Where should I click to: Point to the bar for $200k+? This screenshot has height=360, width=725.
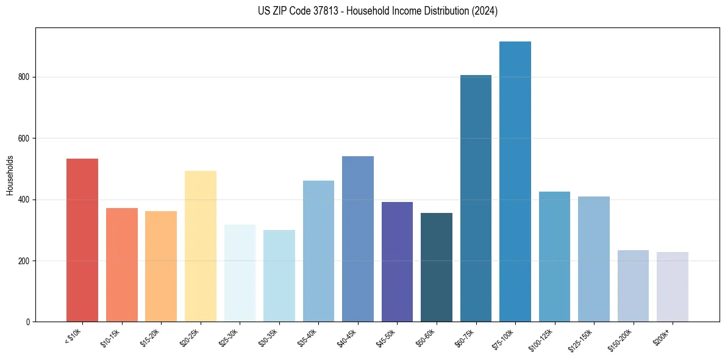tap(672, 287)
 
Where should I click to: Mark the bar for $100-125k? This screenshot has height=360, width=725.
tap(554, 257)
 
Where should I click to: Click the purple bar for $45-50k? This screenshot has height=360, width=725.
tap(397, 262)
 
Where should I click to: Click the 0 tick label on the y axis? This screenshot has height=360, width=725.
tap(27, 322)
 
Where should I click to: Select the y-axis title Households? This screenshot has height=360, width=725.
tap(10, 175)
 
